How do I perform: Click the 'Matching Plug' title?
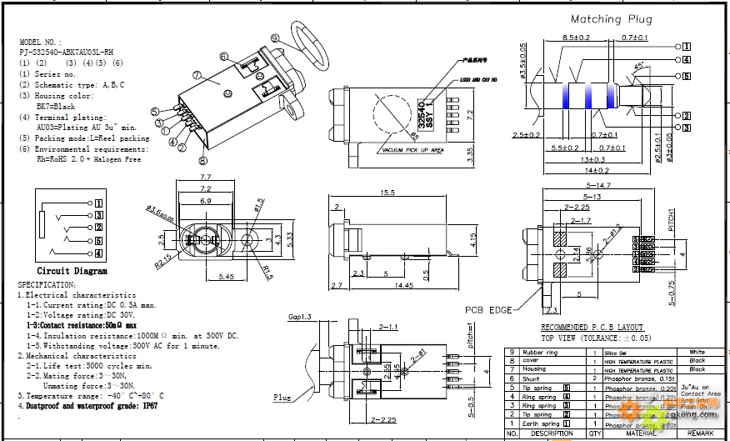[611, 18]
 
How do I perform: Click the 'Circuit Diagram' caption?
[72, 271]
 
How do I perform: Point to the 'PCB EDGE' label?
[489, 310]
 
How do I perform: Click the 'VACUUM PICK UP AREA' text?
[411, 150]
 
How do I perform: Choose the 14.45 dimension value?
[404, 285]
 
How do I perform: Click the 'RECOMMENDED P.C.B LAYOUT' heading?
[593, 328]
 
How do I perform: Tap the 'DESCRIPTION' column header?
[550, 433]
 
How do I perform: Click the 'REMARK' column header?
[700, 433]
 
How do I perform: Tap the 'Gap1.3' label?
[300, 318]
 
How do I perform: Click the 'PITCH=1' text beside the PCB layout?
[672, 220]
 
